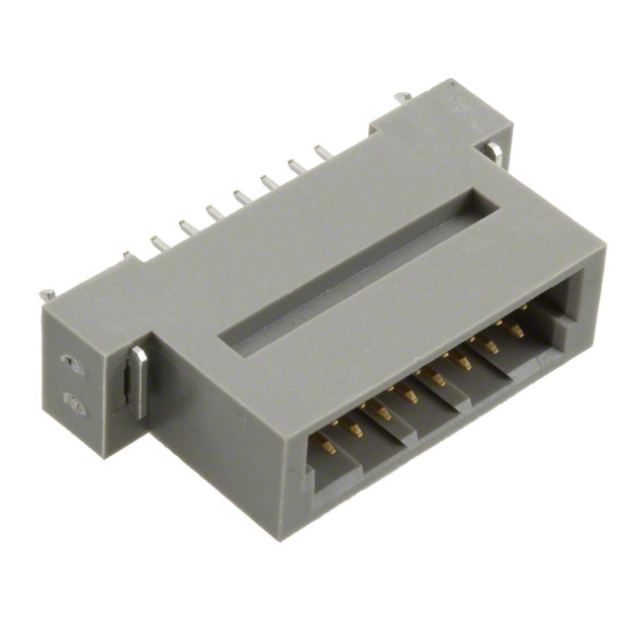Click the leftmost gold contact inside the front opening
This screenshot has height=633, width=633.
[327, 445]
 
